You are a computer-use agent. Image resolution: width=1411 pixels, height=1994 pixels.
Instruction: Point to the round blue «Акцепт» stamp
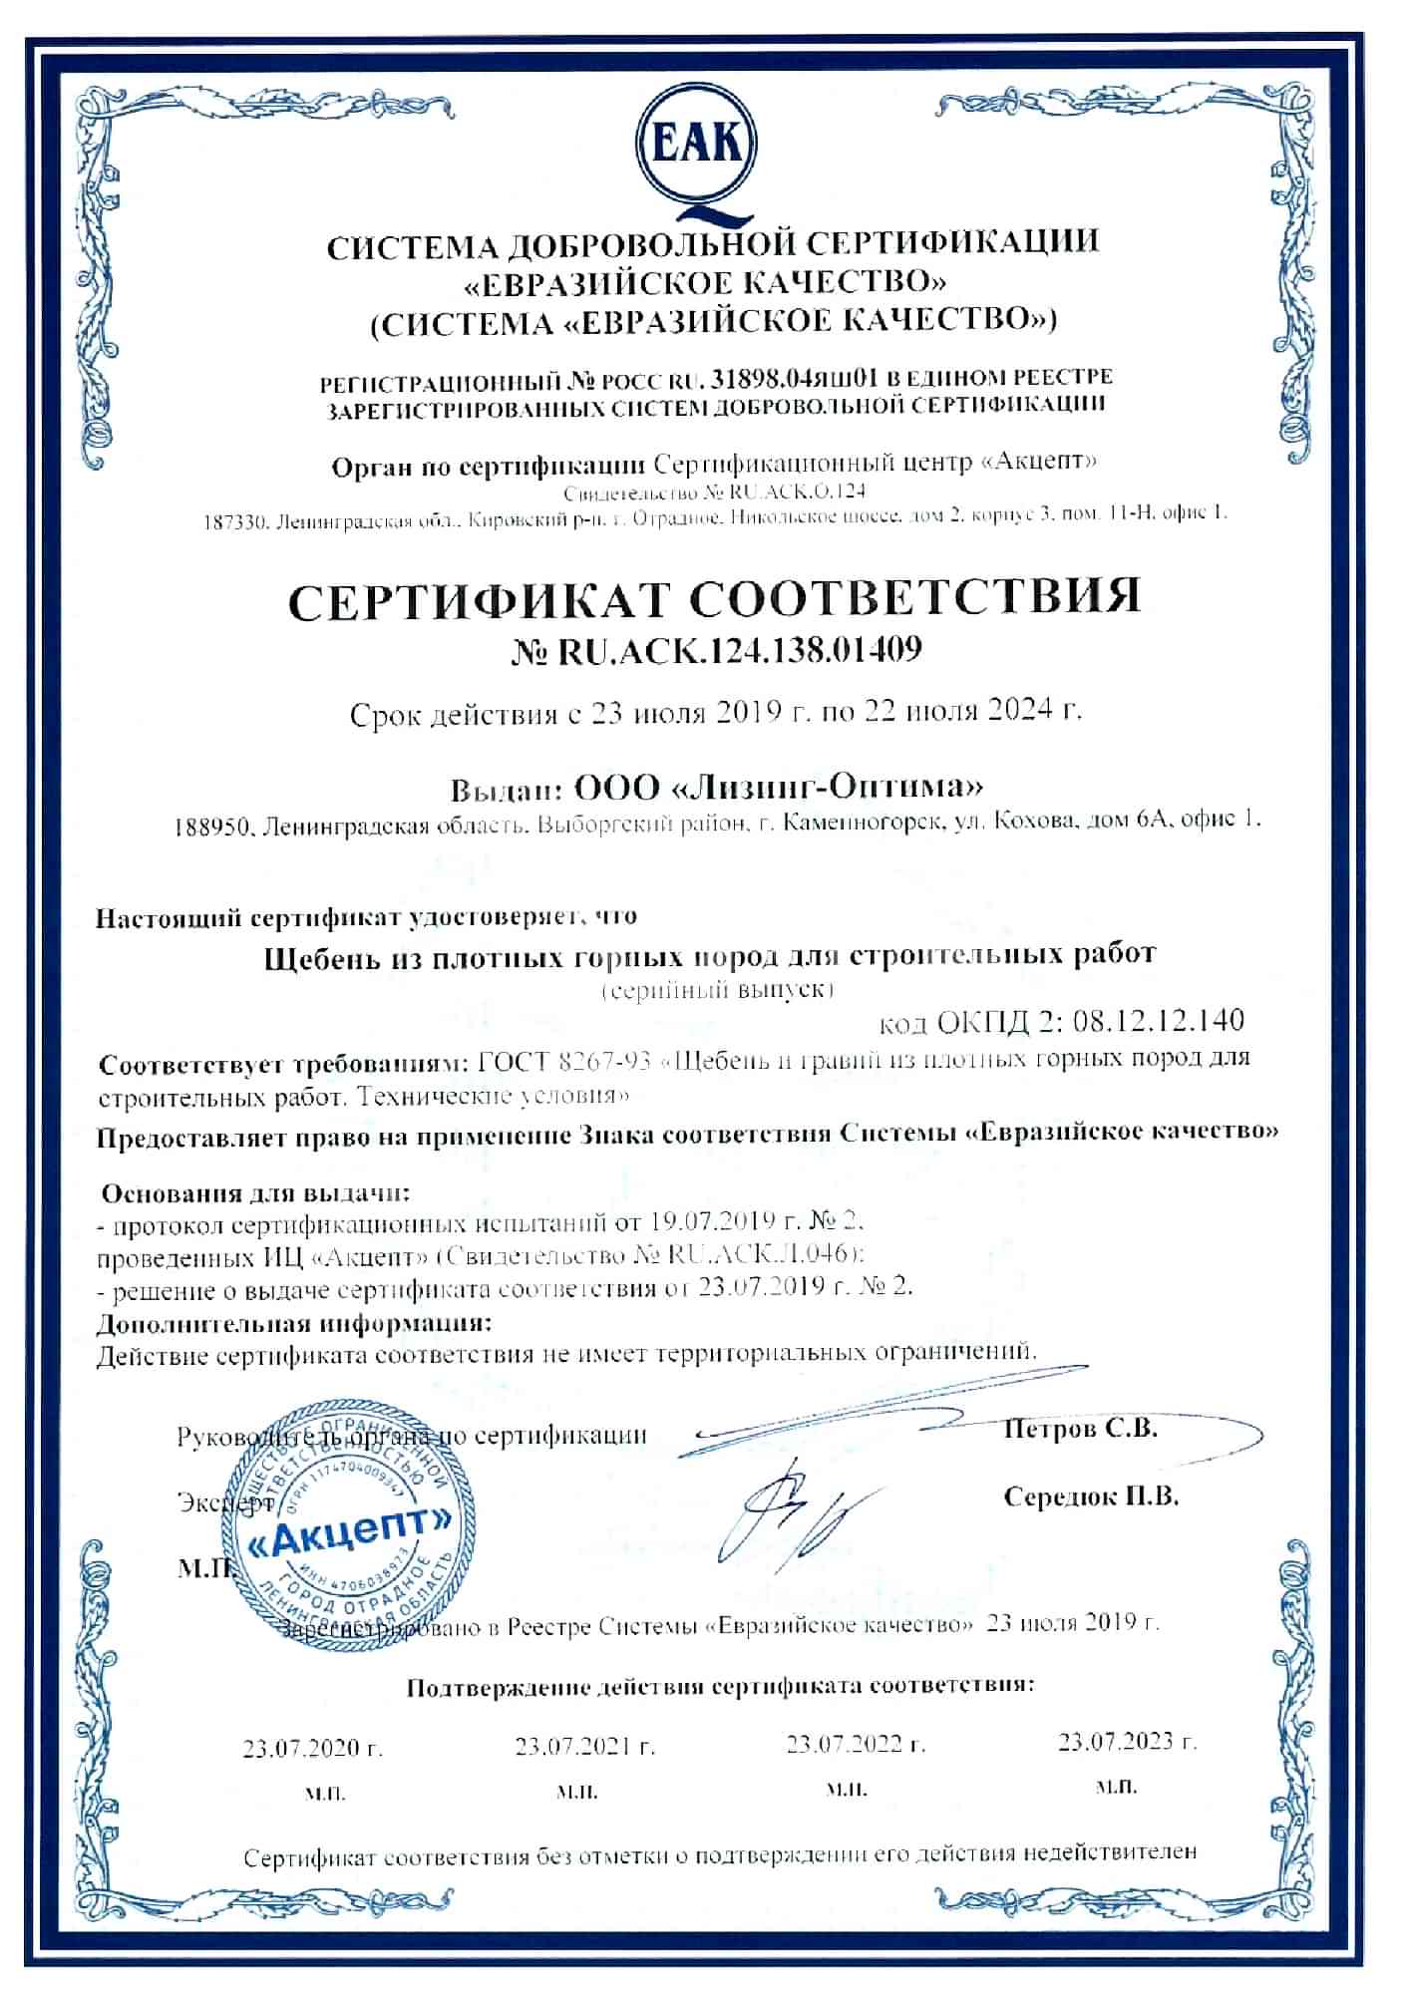click(x=346, y=1519)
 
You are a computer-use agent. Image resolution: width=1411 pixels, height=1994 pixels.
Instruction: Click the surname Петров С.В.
click(x=1080, y=1428)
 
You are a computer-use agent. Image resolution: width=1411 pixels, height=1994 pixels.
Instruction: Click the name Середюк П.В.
click(x=1091, y=1496)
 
